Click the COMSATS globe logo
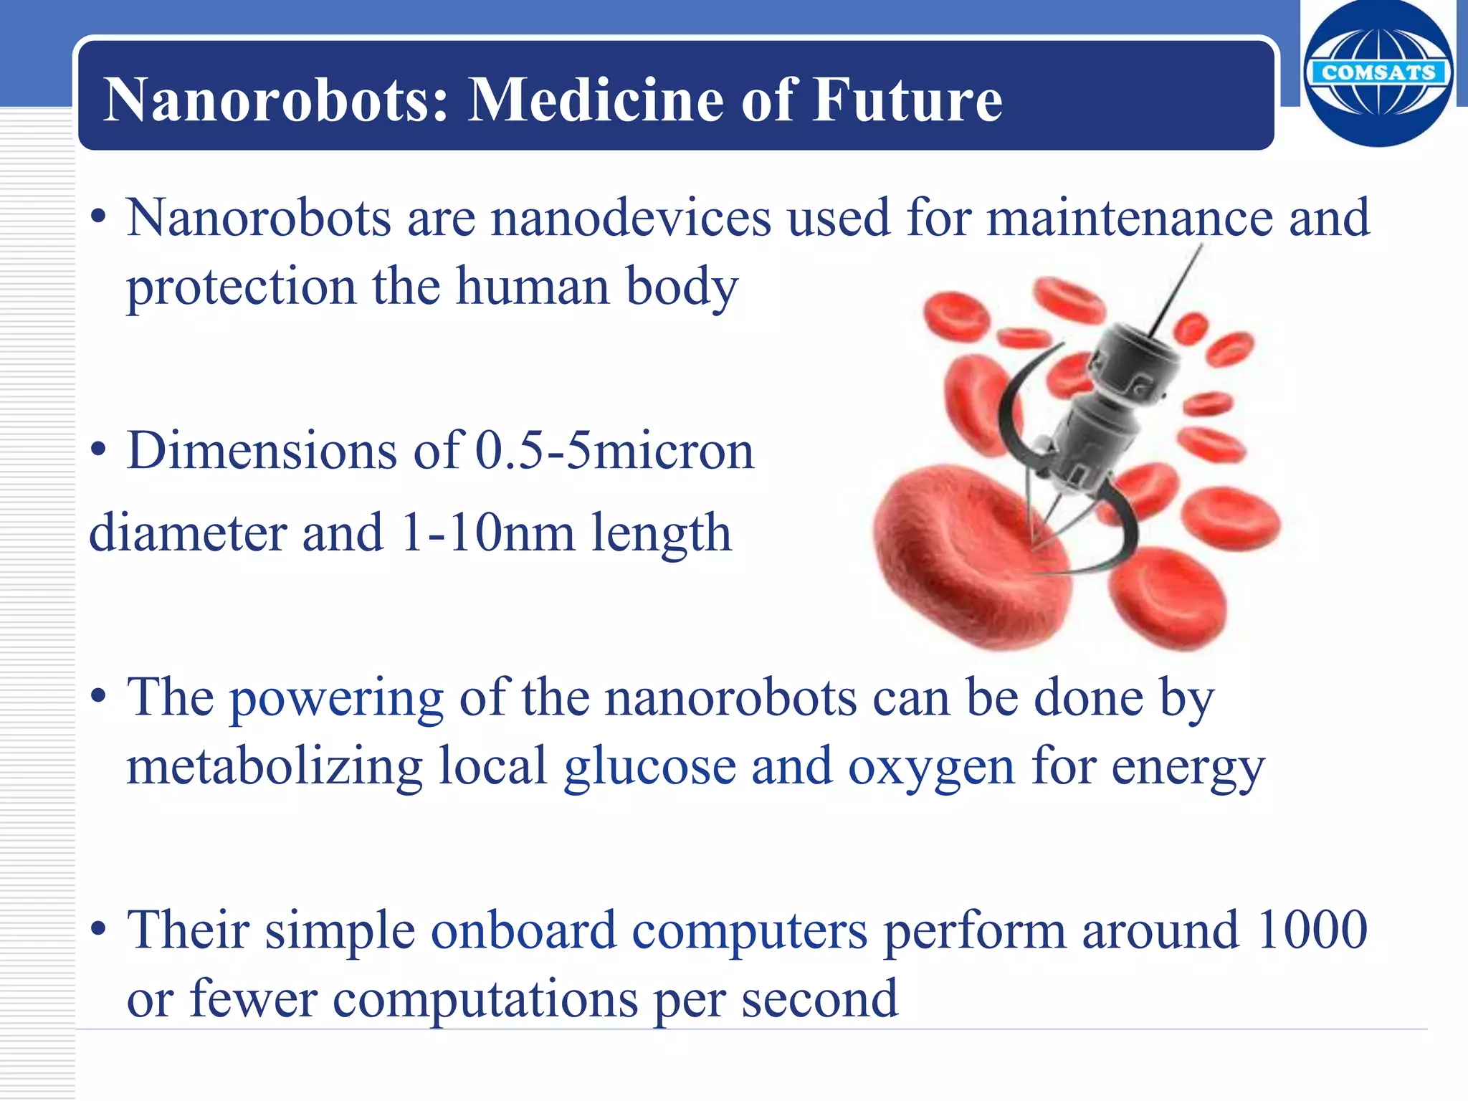click(1378, 73)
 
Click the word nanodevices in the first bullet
click(631, 218)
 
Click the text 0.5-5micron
click(615, 452)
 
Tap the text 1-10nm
click(487, 533)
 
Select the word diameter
click(187, 533)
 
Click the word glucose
click(649, 767)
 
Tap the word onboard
click(523, 930)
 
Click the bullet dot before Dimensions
click(99, 452)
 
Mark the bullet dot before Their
click(99, 930)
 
